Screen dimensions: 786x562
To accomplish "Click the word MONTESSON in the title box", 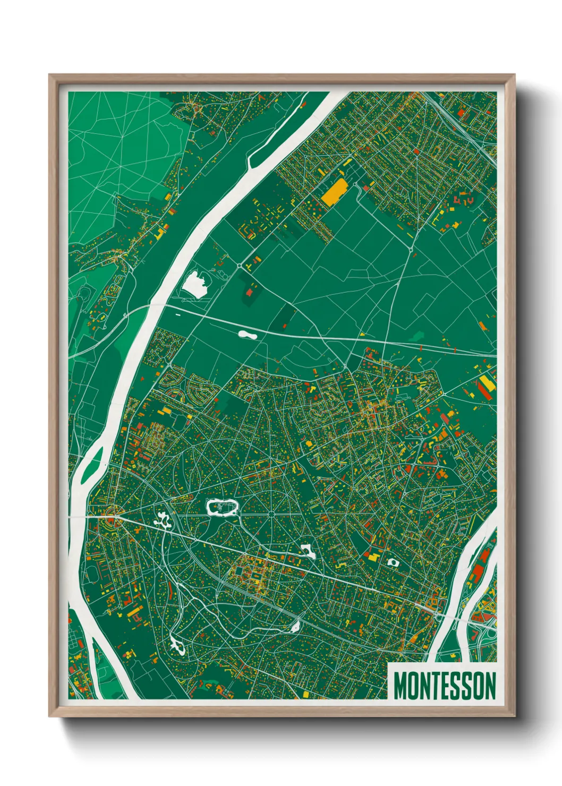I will [x=445, y=686].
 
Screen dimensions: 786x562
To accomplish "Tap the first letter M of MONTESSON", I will [x=399, y=686].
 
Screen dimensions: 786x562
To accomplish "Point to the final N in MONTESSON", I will [x=490, y=686].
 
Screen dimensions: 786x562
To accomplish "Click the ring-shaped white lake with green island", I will [x=221, y=507].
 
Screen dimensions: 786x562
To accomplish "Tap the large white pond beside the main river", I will [x=194, y=284].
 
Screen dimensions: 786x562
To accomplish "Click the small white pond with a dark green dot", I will [x=393, y=561].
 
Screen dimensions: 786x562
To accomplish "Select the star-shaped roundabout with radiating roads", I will [x=271, y=514].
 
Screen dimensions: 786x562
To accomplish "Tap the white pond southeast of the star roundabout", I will [x=308, y=551].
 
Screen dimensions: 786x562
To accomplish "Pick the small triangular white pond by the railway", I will [x=294, y=627].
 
